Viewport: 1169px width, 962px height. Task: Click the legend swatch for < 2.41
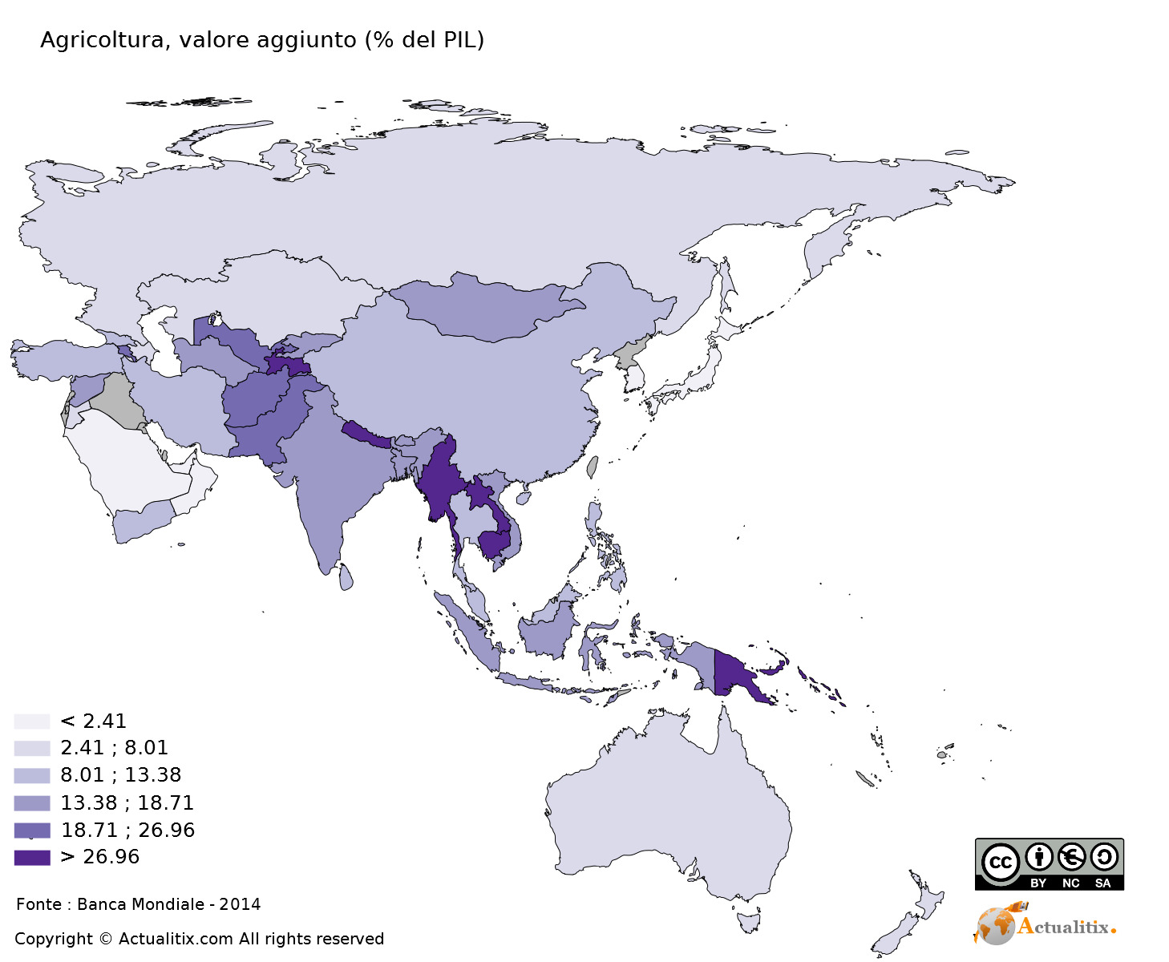[x=31, y=721]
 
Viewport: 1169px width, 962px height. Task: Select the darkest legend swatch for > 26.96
[x=31, y=857]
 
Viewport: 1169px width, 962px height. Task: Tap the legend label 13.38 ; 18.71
[x=127, y=802]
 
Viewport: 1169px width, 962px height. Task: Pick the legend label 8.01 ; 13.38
[x=120, y=775]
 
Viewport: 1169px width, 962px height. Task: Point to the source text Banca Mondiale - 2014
[x=168, y=904]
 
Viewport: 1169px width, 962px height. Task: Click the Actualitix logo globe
[x=994, y=926]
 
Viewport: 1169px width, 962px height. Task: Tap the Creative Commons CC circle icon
[x=1000, y=863]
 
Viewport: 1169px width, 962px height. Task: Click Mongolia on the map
[x=481, y=309]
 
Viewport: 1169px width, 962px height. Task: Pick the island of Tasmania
[x=749, y=920]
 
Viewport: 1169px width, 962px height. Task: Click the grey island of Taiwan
[x=593, y=467]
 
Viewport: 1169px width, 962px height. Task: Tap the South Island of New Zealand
[x=894, y=934]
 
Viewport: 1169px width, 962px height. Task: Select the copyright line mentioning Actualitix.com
[x=199, y=939]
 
